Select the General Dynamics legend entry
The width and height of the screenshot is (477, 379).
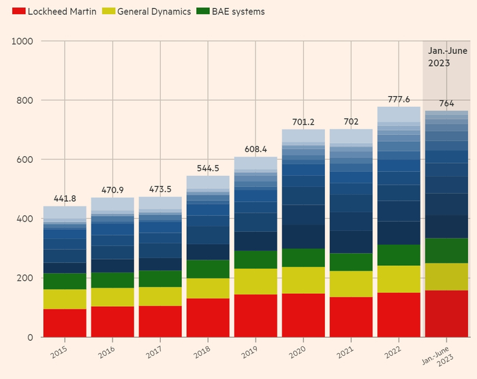pos(149,12)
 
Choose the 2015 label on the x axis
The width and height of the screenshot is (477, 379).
pos(59,351)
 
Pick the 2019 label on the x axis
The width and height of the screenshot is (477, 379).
pos(249,351)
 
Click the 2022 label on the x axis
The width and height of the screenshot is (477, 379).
pos(393,351)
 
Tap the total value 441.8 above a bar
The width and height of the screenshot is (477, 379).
pos(65,198)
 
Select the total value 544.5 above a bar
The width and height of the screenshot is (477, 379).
pos(208,168)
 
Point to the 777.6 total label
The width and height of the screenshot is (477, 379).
pos(399,99)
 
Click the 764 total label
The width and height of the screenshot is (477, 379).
pos(446,104)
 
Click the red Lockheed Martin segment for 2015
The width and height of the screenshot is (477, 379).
pos(65,323)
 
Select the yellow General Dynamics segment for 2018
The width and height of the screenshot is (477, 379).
pos(208,288)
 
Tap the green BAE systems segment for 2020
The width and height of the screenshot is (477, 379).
pos(303,258)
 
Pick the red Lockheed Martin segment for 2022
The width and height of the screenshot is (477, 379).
pos(399,315)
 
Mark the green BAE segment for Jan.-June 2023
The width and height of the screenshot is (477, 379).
pos(446,250)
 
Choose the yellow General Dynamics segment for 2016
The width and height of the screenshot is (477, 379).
pos(112,297)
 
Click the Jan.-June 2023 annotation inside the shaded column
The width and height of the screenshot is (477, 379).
pos(446,57)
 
